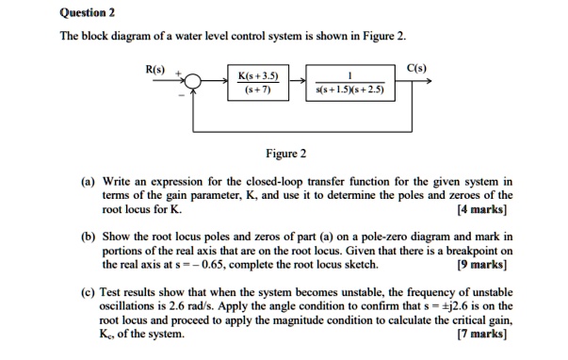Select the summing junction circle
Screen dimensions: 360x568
coord(192,87)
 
